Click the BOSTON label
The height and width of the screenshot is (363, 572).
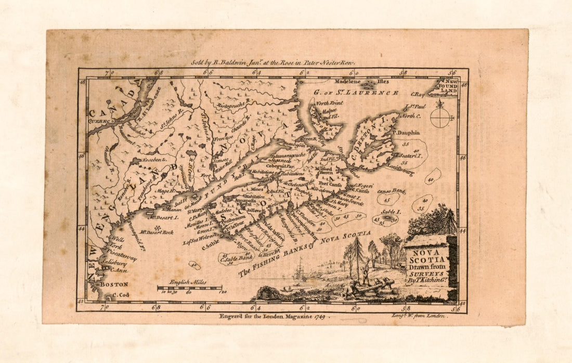[114, 284]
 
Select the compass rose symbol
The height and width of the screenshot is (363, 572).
[441, 116]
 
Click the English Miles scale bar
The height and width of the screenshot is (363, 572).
[189, 288]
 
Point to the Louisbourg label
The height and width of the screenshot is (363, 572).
[399, 170]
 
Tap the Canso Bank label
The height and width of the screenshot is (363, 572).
[391, 191]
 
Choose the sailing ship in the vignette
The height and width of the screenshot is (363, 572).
[300, 271]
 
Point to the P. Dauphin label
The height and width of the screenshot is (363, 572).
[406, 133]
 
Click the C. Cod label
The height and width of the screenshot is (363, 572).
[120, 295]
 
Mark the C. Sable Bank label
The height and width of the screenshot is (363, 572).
[238, 256]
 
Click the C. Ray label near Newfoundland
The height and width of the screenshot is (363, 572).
[418, 94]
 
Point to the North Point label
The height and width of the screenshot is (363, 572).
[330, 103]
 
